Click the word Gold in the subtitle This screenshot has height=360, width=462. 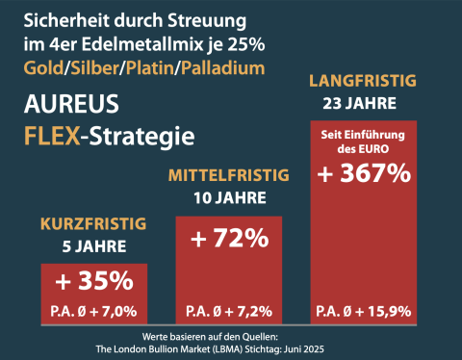43,68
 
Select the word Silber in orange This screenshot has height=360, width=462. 94,68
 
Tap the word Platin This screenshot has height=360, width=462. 150,68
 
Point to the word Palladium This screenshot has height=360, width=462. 223,68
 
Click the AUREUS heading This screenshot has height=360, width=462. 71,104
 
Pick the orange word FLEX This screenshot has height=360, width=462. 52,136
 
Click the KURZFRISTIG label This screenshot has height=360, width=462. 93,223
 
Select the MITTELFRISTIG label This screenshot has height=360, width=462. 229,175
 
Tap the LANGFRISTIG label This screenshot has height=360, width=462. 363,81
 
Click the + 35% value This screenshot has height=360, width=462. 94,281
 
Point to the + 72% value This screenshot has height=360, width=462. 230,238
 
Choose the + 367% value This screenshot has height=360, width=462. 364,173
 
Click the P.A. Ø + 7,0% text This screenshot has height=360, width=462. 93,311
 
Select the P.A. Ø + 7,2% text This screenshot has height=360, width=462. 229,311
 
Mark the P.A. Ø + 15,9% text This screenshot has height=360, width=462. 364,311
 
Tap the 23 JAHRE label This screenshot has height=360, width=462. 360,103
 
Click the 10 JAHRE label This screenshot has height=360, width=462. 230,197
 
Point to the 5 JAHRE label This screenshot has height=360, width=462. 94,246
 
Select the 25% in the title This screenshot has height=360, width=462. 246,44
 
